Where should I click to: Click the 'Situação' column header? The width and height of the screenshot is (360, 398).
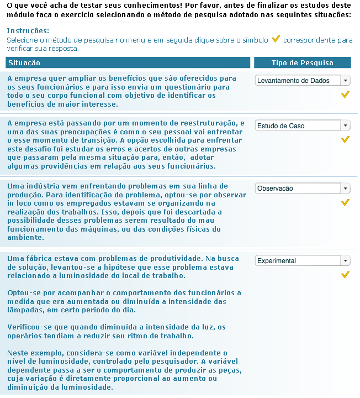coord(24,63)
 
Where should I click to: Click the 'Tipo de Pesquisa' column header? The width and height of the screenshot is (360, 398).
coord(302,63)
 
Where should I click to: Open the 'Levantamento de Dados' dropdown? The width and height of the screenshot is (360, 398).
coord(303,81)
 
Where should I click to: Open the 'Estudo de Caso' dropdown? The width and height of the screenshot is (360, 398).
coord(303,126)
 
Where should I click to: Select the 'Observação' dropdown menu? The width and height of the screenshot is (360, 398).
coord(303,188)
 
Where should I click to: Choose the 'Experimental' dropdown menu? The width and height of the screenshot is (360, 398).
coord(303,261)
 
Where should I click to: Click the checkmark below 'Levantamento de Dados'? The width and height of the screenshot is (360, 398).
coord(346,95)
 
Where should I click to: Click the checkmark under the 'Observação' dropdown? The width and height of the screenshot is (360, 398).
coord(346,202)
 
